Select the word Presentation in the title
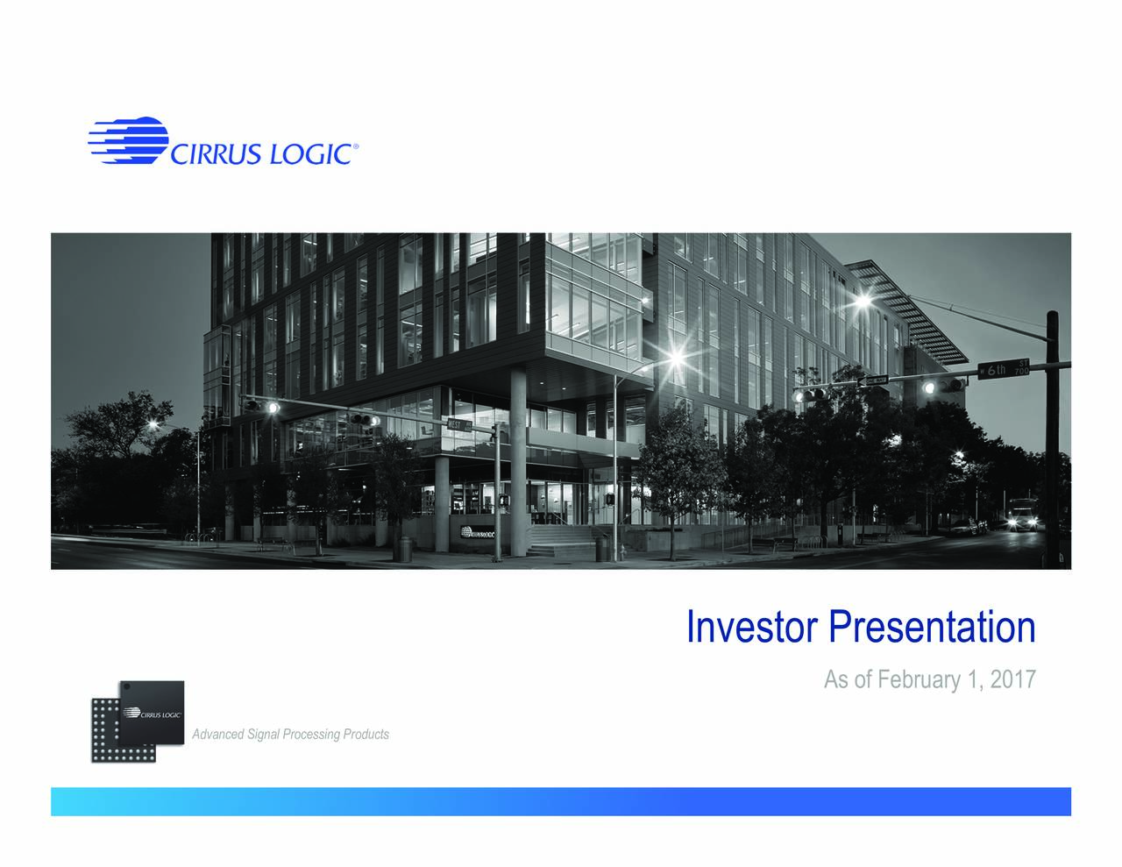pyautogui.click(x=932, y=628)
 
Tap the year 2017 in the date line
pyautogui.click(x=1012, y=679)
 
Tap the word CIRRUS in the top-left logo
pyautogui.click(x=214, y=154)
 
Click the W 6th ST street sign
pyautogui.click(x=1005, y=369)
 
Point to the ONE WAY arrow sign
pyautogui.click(x=874, y=380)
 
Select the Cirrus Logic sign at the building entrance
pyautogui.click(x=475, y=532)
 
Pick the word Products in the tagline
pyautogui.click(x=366, y=735)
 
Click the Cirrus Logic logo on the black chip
pyautogui.click(x=154, y=714)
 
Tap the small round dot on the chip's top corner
pyautogui.click(x=124, y=687)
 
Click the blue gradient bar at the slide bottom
pyautogui.click(x=561, y=801)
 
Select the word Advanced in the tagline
pyautogui.click(x=218, y=735)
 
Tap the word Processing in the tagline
pyautogui.click(x=311, y=735)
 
